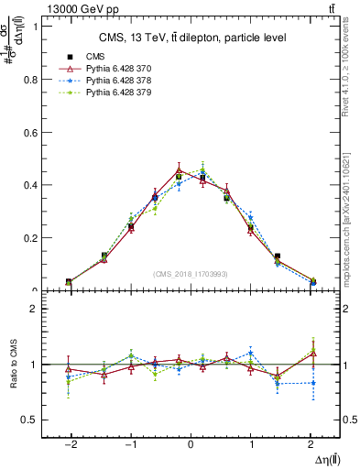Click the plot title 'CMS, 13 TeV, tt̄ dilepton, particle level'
[x=192, y=38]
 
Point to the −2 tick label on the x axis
[x=70, y=443]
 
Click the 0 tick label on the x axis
[x=191, y=443]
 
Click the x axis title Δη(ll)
[x=323, y=458]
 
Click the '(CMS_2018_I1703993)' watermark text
[x=191, y=274]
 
